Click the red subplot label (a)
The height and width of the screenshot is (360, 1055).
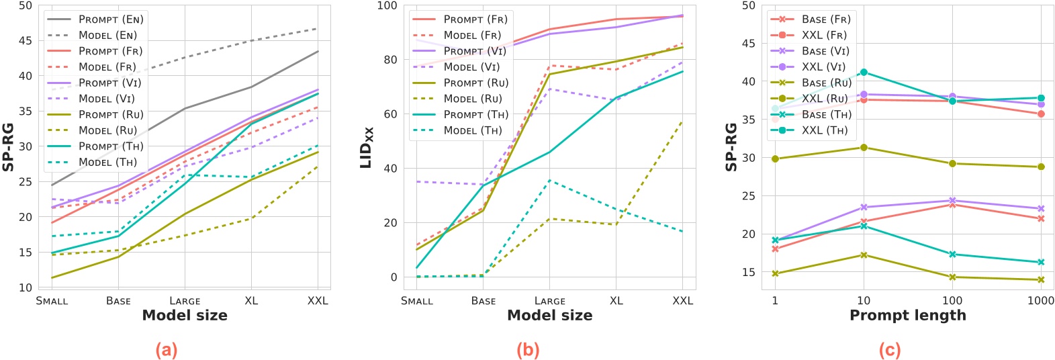pos(166,349)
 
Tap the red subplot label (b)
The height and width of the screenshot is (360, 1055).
pos(527,349)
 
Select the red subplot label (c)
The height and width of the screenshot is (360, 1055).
pos(889,349)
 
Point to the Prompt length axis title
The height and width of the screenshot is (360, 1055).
pos(907,316)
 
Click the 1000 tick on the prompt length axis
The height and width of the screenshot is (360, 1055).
pos(1040,301)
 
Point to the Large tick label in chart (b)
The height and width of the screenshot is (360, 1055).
pos(550,301)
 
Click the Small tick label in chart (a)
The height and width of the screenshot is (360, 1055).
pos(52,301)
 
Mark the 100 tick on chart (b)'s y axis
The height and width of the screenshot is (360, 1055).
pos(387,6)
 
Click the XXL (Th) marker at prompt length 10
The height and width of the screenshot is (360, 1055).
pos(864,73)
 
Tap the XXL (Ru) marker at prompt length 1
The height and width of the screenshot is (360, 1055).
pos(775,159)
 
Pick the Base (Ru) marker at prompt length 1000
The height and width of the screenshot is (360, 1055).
pos(1041,280)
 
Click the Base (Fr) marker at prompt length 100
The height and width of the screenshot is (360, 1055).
pos(952,204)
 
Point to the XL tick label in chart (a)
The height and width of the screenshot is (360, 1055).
pos(251,301)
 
